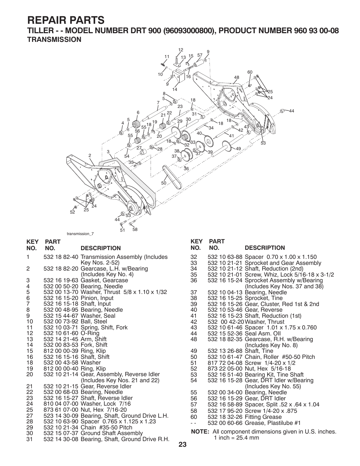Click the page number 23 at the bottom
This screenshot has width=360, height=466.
183,444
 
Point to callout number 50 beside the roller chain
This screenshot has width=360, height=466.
163,183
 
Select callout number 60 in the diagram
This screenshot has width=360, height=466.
249,72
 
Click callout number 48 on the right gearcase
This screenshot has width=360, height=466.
237,77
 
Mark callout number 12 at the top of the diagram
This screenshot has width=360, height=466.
180,50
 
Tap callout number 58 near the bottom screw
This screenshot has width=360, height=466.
135,229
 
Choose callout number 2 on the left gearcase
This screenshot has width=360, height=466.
90,155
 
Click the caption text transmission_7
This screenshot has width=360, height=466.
80,234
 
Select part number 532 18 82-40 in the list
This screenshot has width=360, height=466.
61,257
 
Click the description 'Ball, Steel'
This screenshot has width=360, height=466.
94,321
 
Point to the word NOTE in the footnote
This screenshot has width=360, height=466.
200,432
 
